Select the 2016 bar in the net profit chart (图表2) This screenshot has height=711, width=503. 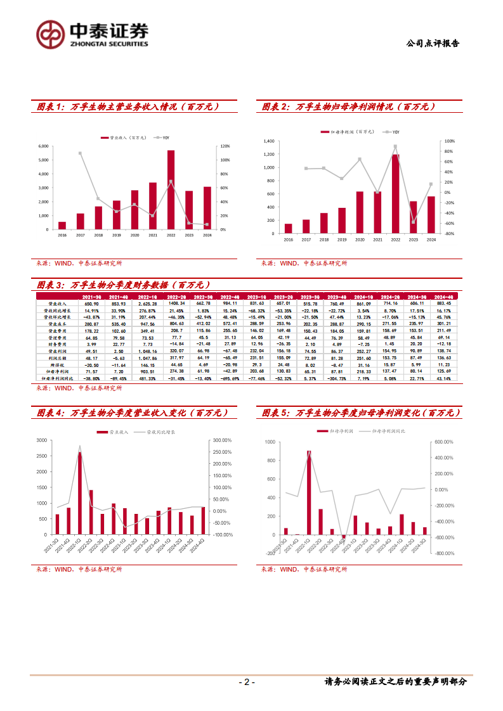pyautogui.click(x=288, y=228)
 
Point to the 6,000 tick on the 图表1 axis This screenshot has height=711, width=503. pyautogui.click(x=43, y=146)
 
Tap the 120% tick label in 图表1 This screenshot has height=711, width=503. pyautogui.click(x=225, y=146)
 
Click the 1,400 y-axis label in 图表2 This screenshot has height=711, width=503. pyautogui.click(x=268, y=141)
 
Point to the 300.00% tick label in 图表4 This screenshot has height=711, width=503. pyautogui.click(x=221, y=440)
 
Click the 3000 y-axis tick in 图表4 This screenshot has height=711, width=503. pyautogui.click(x=41, y=440)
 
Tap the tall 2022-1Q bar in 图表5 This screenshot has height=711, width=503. pyautogui.click(x=309, y=494)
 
